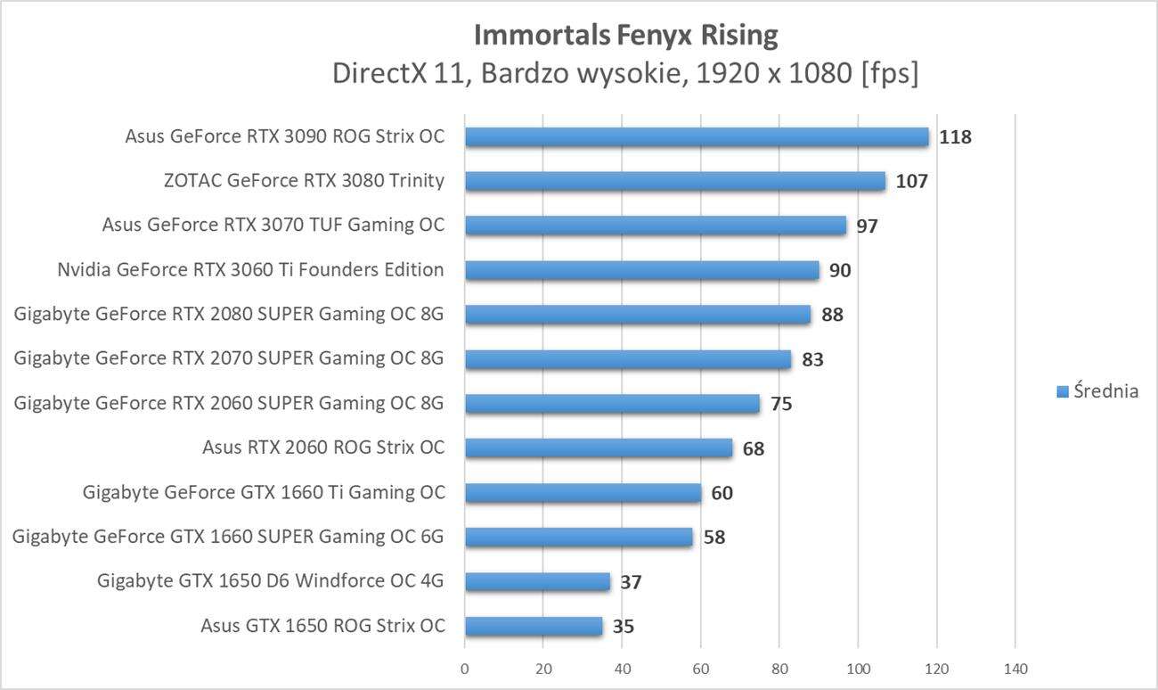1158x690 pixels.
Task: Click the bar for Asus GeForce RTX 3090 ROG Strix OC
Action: point(697,136)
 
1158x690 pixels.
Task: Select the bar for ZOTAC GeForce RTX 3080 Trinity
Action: point(675,181)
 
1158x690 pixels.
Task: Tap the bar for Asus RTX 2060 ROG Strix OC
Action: point(599,448)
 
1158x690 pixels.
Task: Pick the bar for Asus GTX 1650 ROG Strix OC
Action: point(534,626)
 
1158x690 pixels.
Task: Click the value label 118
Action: point(956,137)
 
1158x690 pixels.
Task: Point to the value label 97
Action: point(867,226)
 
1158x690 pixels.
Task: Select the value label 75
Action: point(781,405)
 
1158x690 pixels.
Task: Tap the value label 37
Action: point(631,583)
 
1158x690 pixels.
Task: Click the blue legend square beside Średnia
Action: point(1062,391)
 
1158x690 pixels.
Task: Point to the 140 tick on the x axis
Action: point(1015,668)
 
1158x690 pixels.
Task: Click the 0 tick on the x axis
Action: point(464,668)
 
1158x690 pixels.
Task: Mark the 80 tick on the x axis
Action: point(779,668)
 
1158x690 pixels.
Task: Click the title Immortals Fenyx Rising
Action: point(625,35)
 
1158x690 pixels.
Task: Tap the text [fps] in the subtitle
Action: point(889,73)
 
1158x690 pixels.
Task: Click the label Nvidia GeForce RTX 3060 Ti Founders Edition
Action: point(250,270)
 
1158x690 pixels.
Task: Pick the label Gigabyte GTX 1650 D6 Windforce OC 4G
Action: point(271,582)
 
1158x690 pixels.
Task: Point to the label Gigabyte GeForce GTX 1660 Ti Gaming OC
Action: point(264,492)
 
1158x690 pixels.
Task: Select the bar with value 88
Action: point(638,315)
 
